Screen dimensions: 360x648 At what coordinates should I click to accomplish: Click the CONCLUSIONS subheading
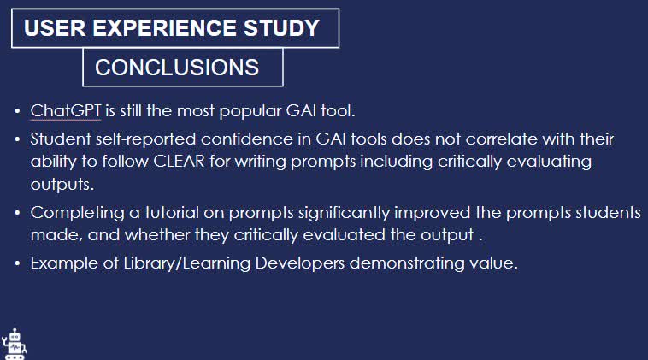click(x=177, y=68)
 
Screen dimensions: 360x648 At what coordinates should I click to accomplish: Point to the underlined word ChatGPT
click(x=66, y=111)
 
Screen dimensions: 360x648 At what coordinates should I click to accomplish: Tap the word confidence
click(x=224, y=139)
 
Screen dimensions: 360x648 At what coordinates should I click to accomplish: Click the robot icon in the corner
click(x=15, y=344)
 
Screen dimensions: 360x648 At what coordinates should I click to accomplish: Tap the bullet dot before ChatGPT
click(x=18, y=112)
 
